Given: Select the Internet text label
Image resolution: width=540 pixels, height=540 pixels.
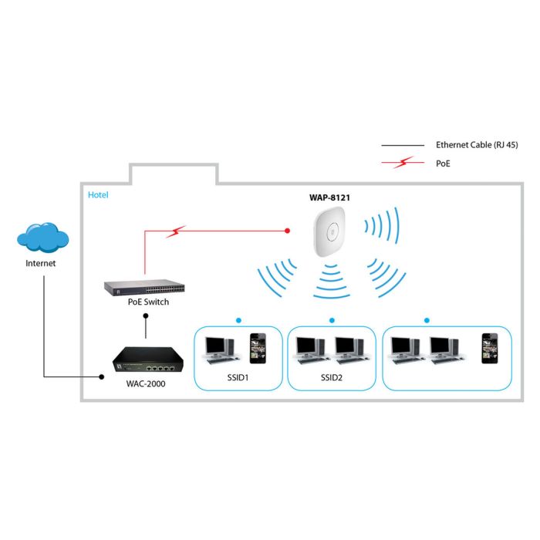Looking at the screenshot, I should click(x=41, y=263).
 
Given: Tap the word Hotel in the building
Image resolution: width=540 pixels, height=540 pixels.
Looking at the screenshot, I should click(x=98, y=195).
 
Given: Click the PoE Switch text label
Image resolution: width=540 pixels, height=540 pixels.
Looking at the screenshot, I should click(x=148, y=302).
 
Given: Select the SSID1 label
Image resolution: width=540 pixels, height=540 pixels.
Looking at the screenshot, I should click(x=238, y=379).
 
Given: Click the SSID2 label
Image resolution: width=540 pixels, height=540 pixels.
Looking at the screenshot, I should click(x=331, y=379).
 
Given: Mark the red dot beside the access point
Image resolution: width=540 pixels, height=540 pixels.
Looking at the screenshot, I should click(x=288, y=230).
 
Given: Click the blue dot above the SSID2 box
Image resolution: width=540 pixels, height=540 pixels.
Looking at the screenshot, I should click(x=332, y=319).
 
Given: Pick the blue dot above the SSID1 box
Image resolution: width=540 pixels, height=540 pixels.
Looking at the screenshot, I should click(x=238, y=319).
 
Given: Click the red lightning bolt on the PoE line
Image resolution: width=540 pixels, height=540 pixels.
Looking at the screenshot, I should click(x=177, y=231).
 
